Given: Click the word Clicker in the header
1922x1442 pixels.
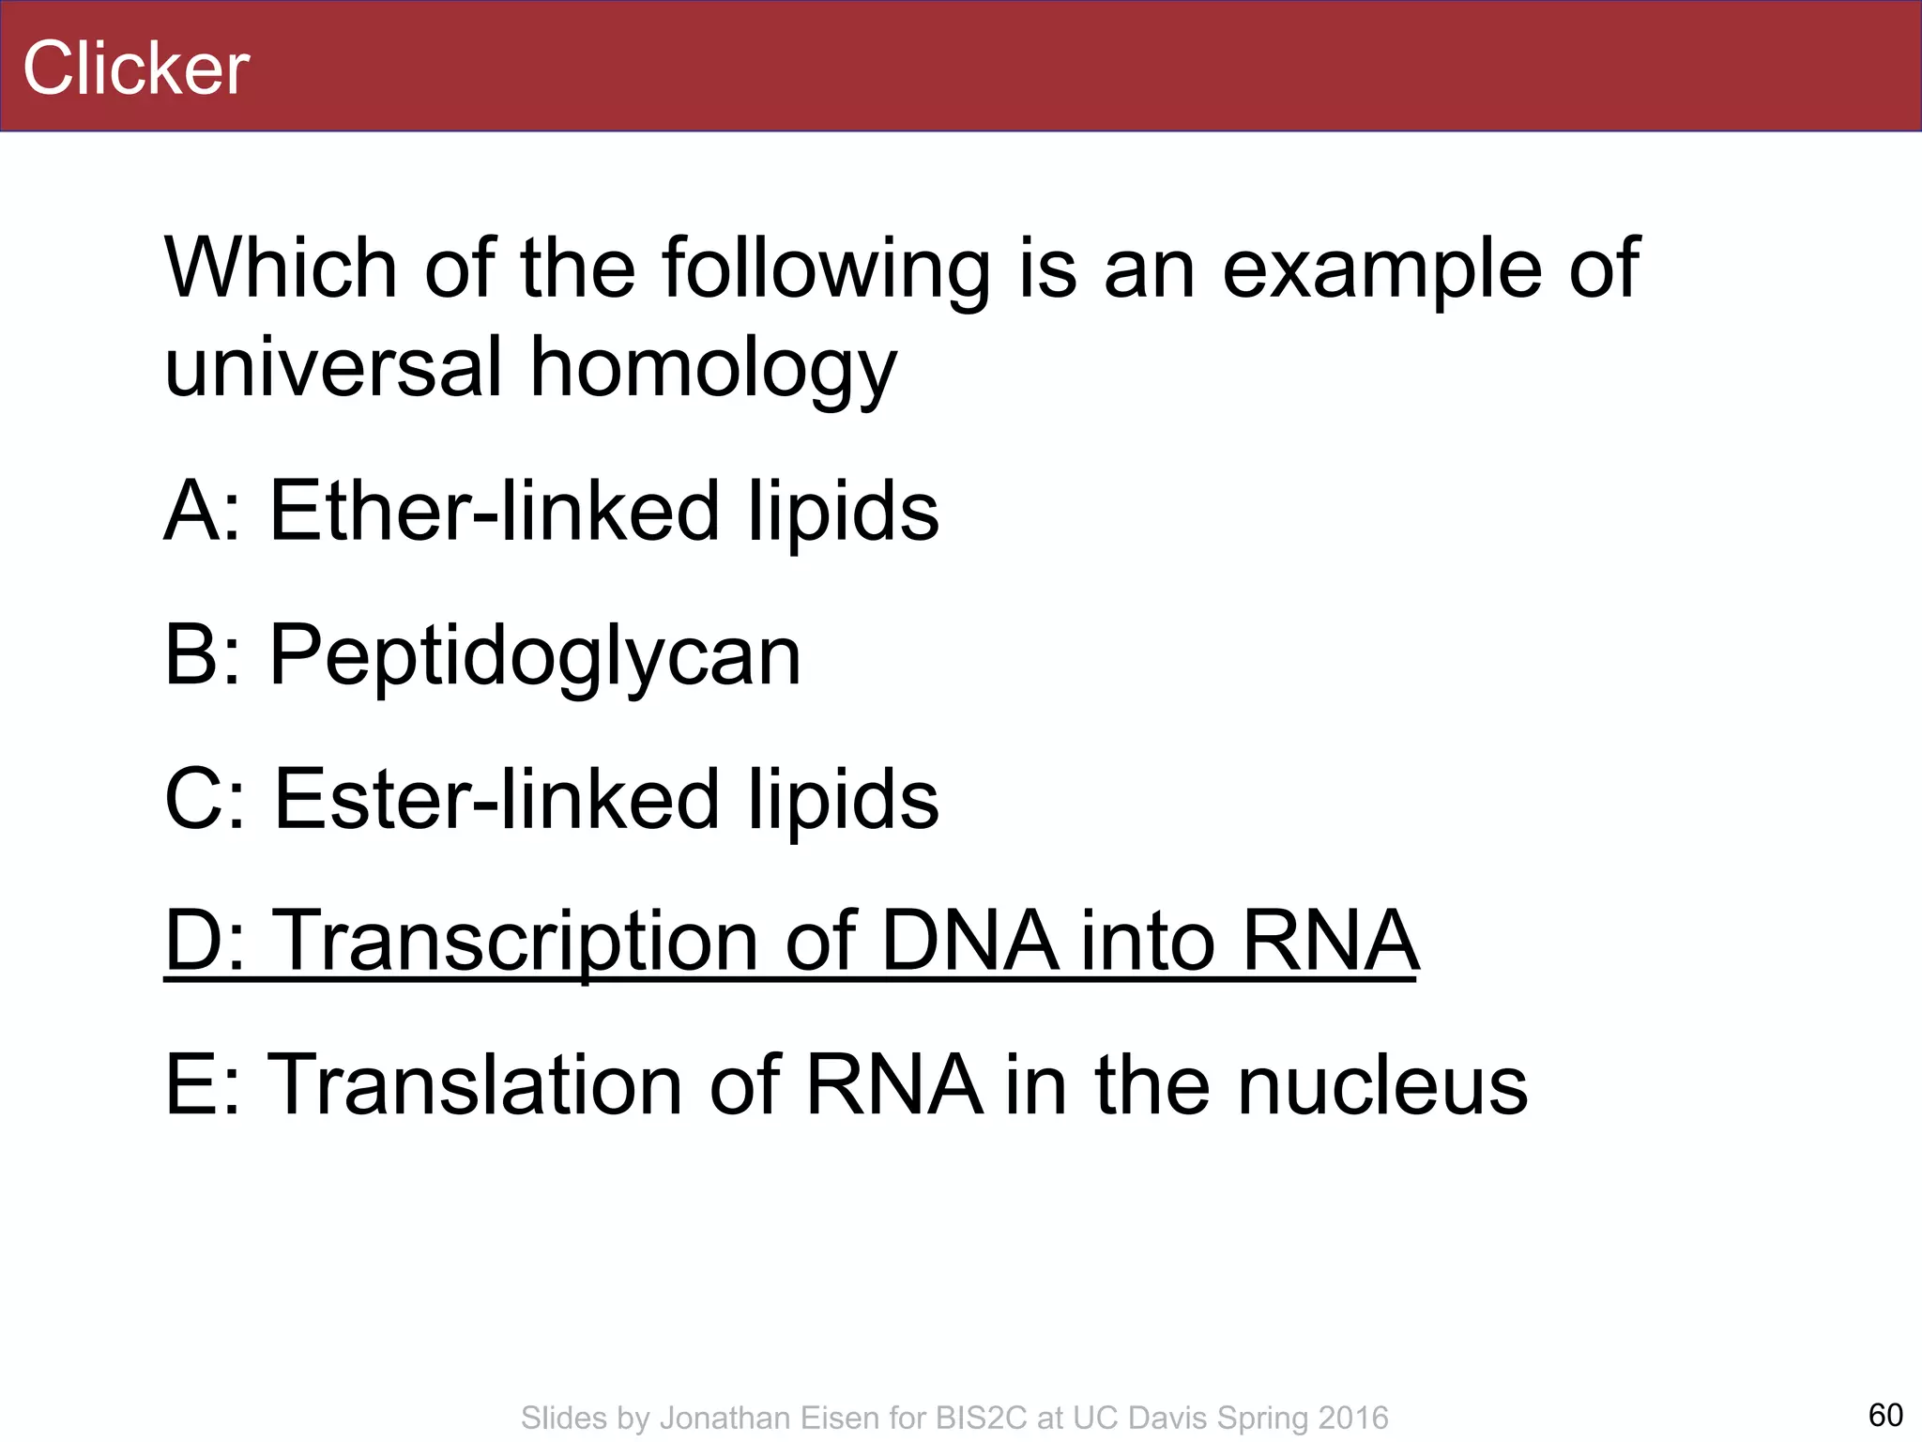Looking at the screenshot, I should point(136,69).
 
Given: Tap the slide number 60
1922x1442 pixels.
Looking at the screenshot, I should point(1885,1414).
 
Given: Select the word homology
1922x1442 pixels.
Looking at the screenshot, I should point(713,368).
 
